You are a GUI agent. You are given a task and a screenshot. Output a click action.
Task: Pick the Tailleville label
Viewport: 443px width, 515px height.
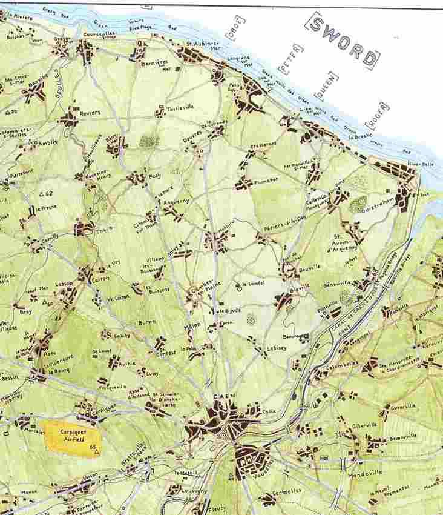point(180,106)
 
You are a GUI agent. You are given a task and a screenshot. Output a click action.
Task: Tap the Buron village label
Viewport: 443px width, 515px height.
point(147,322)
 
